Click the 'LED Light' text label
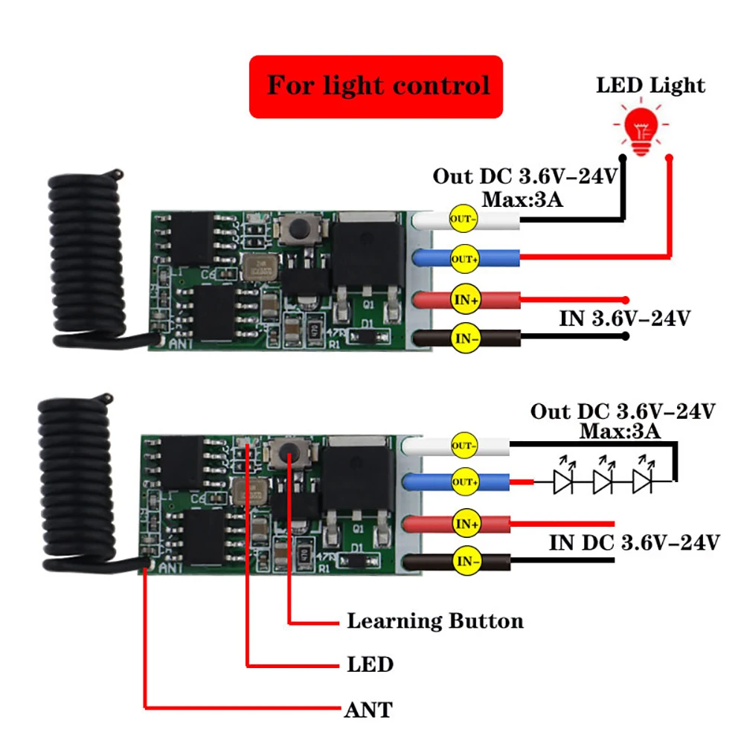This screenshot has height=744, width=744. pos(650,85)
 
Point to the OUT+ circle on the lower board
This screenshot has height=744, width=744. pos(465,482)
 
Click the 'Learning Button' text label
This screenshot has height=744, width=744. pos(435,621)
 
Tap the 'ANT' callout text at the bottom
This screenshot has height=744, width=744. pos(368,709)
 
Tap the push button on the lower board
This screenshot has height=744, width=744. pos(286,451)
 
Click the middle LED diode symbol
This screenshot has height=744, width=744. pos(603,483)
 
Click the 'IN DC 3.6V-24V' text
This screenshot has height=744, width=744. pos(634,542)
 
